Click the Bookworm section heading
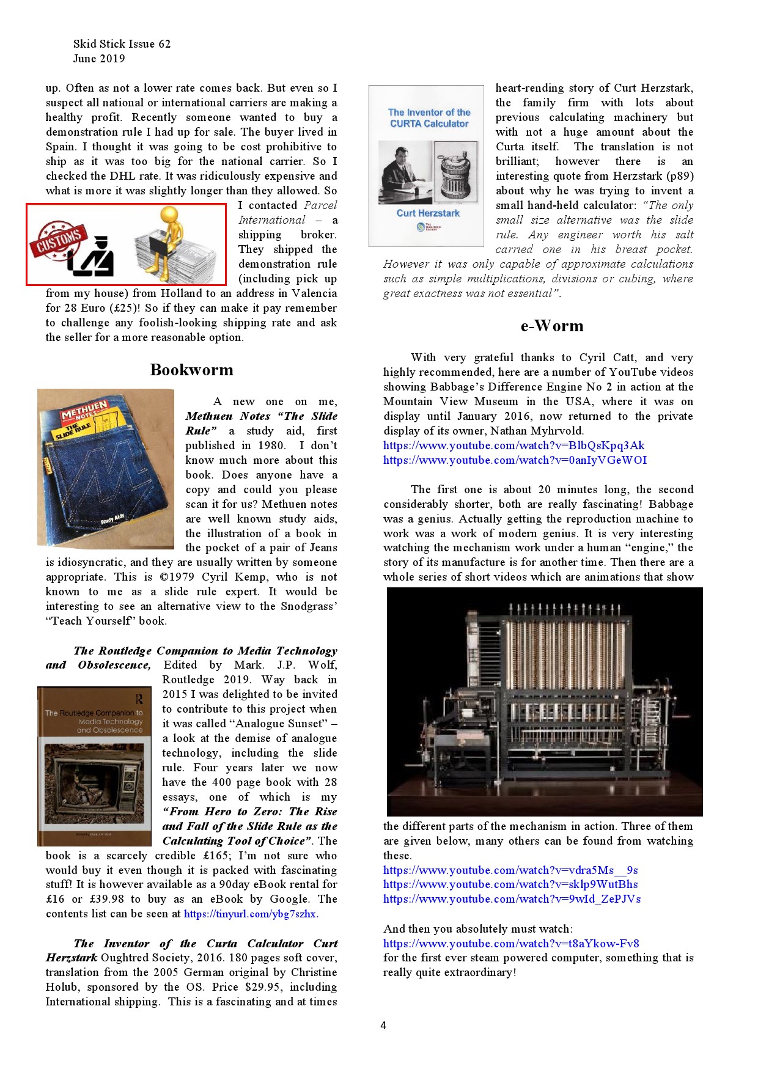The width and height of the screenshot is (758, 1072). coord(191,370)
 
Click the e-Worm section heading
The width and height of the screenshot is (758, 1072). coord(551,326)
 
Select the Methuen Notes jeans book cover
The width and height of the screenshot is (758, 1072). coord(106,468)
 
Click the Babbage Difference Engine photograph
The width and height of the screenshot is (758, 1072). coord(544,702)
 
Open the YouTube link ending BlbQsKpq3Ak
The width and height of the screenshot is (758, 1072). coord(513,446)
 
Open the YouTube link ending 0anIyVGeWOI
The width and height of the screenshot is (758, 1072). coord(515,460)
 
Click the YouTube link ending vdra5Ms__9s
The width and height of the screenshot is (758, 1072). coord(510,870)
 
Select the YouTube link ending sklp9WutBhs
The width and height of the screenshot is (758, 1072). coord(510,884)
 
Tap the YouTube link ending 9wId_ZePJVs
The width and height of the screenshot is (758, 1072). coord(512,899)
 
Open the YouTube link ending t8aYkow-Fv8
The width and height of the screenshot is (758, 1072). coord(511,944)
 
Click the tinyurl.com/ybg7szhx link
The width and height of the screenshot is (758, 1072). coord(250,914)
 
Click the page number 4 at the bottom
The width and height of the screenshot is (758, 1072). coord(383,1026)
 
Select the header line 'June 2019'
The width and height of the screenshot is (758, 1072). coord(99,59)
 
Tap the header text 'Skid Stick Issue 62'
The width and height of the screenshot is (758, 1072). coord(122,44)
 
